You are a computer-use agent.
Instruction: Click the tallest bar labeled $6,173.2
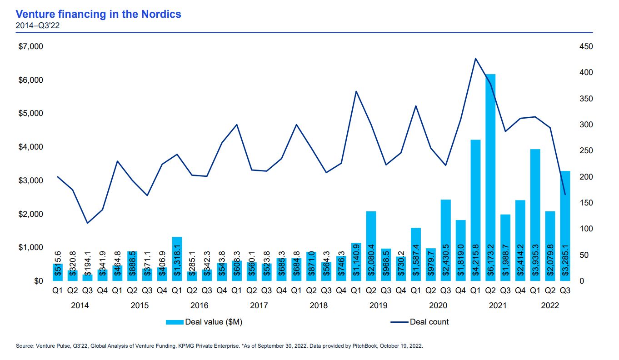(x=490, y=177)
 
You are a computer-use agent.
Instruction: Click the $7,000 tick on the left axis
(x=31, y=46)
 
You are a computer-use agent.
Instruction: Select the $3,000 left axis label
(x=31, y=180)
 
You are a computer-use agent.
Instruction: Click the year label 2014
(x=80, y=305)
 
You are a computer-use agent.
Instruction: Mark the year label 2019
(x=379, y=305)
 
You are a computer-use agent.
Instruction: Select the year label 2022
(x=549, y=305)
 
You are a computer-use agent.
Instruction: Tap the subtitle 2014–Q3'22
(x=38, y=25)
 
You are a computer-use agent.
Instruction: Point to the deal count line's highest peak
(x=475, y=58)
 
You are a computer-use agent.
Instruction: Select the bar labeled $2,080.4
(x=371, y=246)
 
